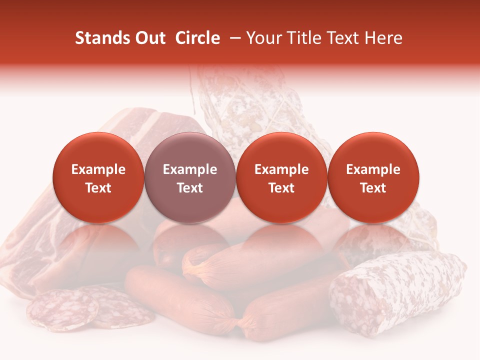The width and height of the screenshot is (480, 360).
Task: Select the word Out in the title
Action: [x=150, y=38]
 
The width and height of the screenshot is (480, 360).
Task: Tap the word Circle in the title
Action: [x=197, y=38]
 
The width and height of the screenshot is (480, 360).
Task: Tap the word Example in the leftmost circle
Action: [x=98, y=169]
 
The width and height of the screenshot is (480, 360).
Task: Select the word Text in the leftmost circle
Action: [x=98, y=188]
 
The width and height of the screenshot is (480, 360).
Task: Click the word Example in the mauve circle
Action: [x=190, y=169]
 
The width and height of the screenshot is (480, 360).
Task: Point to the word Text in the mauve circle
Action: [x=190, y=188]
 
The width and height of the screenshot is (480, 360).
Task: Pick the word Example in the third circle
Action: [x=281, y=169]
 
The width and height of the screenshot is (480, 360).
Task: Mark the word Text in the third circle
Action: [x=281, y=188]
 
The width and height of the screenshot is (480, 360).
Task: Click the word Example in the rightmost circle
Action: [x=373, y=169]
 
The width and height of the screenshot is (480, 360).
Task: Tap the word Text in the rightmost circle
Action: [x=373, y=188]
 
